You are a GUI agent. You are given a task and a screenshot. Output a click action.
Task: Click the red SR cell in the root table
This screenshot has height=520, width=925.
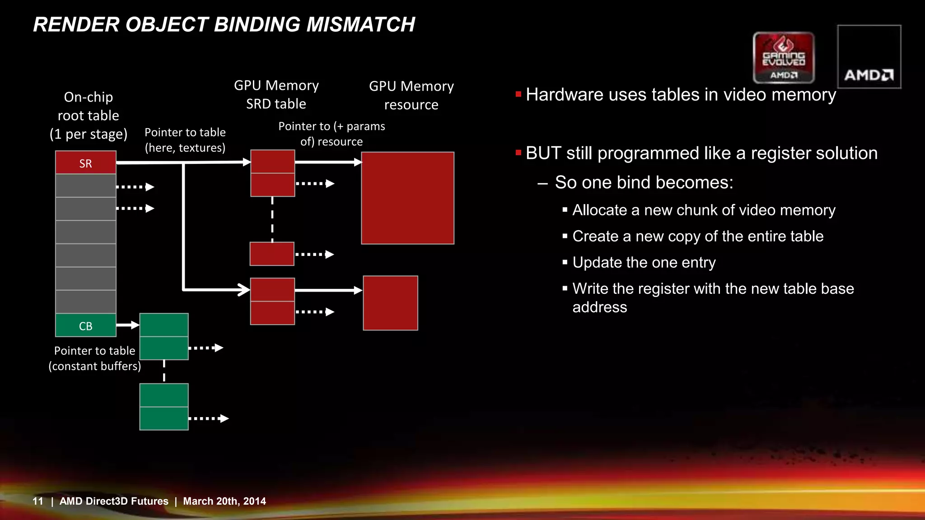[86, 162]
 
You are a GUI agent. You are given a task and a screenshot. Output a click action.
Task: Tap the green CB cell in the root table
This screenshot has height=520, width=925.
[86, 325]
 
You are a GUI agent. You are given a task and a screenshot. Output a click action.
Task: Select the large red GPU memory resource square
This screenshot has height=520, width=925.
[407, 198]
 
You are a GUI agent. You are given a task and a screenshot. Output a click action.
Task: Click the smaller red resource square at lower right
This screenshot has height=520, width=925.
[390, 303]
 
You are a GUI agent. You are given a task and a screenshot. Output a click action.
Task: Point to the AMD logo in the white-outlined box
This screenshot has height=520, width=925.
[869, 74]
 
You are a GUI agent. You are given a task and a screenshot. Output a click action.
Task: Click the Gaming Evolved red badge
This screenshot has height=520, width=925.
[784, 57]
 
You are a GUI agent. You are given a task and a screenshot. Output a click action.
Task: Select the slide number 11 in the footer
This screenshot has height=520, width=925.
[38, 501]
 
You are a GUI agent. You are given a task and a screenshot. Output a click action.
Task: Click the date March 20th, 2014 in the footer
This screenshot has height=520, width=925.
[224, 501]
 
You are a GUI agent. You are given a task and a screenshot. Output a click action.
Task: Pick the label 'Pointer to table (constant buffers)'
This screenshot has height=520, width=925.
[95, 358]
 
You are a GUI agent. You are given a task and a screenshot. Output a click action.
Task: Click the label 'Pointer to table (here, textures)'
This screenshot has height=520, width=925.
[185, 140]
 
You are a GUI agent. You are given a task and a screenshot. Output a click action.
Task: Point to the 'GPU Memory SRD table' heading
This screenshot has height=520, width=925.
[276, 94]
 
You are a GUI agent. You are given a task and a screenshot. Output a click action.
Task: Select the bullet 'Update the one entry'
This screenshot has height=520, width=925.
[644, 262]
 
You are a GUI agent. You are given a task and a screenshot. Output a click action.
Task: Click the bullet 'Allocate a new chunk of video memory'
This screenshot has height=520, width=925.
[703, 210]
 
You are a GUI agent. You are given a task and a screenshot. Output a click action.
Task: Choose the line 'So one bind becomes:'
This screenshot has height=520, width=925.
[644, 182]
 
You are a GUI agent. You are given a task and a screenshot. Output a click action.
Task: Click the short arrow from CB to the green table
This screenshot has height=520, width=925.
[128, 325]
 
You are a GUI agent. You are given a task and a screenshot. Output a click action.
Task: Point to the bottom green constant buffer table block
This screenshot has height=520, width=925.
[164, 407]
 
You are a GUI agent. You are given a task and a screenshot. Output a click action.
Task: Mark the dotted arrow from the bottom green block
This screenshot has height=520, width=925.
[208, 418]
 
